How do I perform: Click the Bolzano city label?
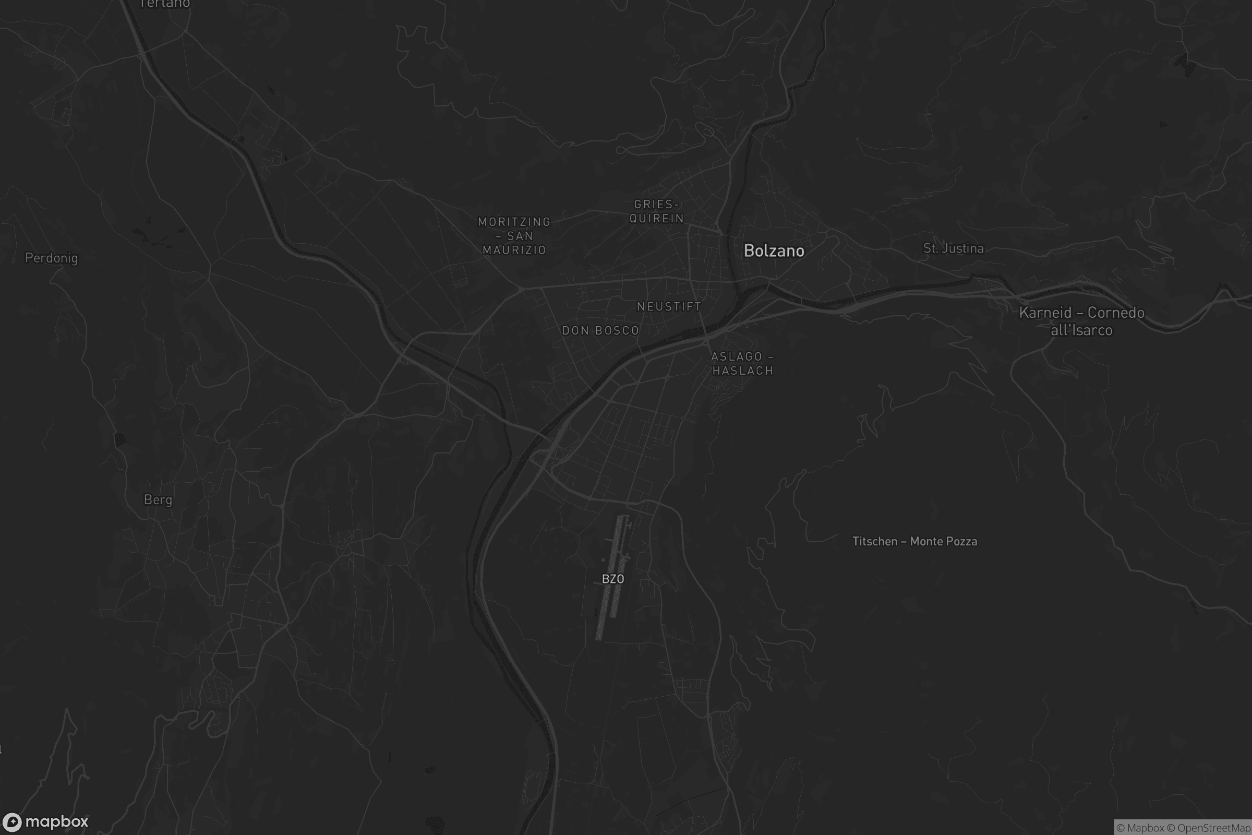click(774, 251)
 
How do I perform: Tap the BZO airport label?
click(612, 579)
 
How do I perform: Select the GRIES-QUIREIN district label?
click(656, 211)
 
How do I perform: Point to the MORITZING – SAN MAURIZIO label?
click(514, 236)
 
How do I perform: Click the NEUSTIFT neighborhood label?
click(669, 307)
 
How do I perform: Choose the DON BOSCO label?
click(600, 331)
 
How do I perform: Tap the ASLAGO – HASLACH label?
click(742, 364)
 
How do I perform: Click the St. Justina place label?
click(953, 249)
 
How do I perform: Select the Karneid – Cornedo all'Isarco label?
click(1081, 321)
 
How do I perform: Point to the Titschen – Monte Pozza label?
click(914, 542)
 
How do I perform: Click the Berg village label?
click(158, 500)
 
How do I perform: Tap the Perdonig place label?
click(52, 258)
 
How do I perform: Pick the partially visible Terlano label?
click(164, 4)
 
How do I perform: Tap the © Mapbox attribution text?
click(1140, 828)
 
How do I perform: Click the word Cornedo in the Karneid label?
click(1116, 313)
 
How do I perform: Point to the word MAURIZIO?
click(514, 250)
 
